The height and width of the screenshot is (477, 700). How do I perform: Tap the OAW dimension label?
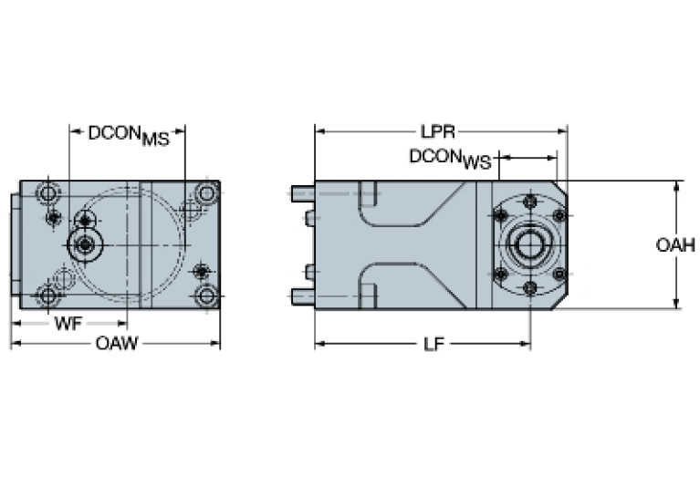(116, 344)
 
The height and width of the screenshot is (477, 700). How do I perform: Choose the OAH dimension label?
(676, 245)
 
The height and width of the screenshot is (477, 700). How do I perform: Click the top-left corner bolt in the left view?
(47, 193)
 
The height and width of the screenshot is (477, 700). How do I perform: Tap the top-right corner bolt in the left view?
(207, 192)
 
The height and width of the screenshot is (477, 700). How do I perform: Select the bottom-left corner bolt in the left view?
(47, 296)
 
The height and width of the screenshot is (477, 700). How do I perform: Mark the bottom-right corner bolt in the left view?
(207, 296)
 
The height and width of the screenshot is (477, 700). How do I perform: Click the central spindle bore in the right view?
(529, 244)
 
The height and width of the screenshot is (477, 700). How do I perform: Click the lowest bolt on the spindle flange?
(529, 288)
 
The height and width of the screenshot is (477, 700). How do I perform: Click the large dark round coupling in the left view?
(86, 244)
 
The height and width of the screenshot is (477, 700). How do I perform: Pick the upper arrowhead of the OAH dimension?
(676, 185)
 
